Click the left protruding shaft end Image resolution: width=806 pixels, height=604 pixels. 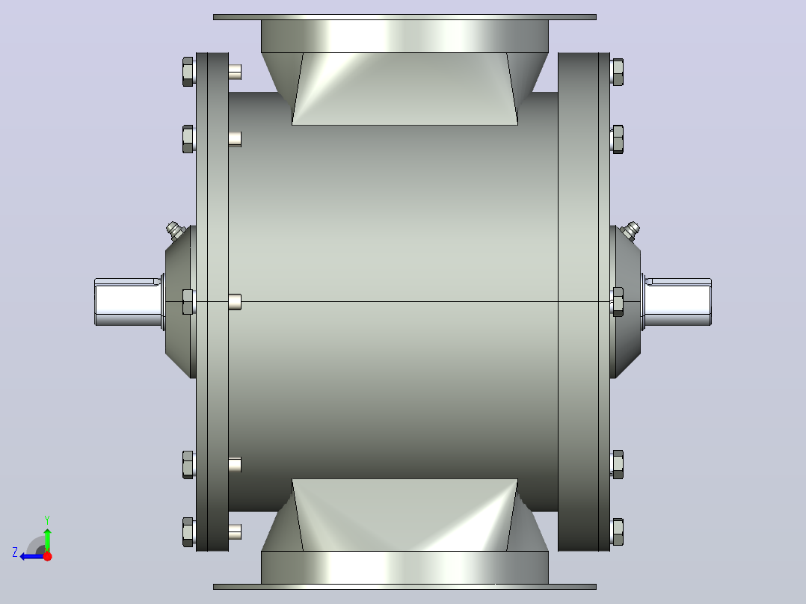(x=128, y=302)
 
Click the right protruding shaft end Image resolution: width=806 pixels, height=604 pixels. (x=678, y=302)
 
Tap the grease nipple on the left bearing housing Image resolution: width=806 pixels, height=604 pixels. (x=176, y=230)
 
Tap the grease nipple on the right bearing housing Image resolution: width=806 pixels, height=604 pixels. (x=630, y=230)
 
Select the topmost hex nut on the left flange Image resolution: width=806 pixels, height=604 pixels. (x=188, y=72)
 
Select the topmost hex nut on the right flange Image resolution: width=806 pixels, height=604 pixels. (x=618, y=72)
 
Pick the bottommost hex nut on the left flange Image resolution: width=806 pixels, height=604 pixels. (x=188, y=532)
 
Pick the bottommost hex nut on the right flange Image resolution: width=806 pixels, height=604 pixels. (x=618, y=532)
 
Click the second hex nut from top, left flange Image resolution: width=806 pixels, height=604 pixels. (x=188, y=139)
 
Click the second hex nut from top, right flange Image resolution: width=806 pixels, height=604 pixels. (x=618, y=139)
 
